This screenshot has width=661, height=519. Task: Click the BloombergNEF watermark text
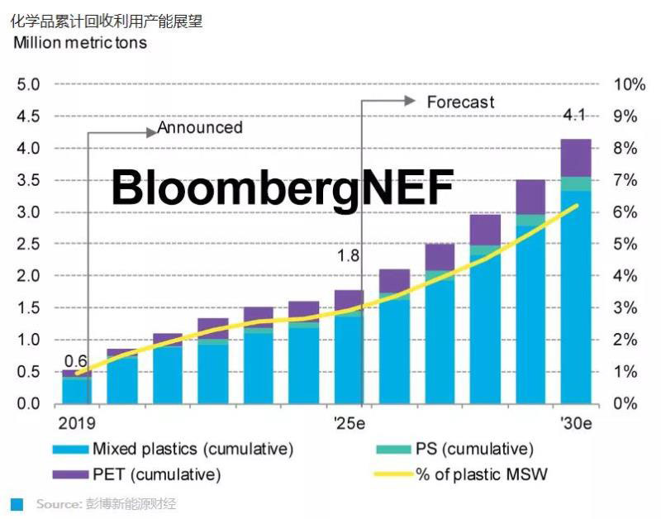click(283, 188)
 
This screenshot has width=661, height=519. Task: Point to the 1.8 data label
click(349, 256)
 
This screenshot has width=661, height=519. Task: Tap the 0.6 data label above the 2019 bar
click(76, 361)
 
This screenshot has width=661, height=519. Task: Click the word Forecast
click(460, 102)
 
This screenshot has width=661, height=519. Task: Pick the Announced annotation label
click(200, 128)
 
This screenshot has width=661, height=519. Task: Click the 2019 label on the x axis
click(76, 423)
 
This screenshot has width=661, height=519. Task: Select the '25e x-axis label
click(350, 423)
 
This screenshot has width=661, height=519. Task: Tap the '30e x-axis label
click(576, 423)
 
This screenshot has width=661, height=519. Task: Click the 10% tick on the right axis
click(629, 84)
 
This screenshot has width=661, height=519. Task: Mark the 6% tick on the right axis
click(625, 212)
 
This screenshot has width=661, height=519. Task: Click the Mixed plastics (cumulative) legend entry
click(192, 450)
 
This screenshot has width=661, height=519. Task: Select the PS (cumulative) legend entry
click(474, 450)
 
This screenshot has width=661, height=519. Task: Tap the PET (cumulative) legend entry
click(156, 475)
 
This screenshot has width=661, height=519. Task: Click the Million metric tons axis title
click(80, 43)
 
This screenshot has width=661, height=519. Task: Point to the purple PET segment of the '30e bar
click(576, 157)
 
